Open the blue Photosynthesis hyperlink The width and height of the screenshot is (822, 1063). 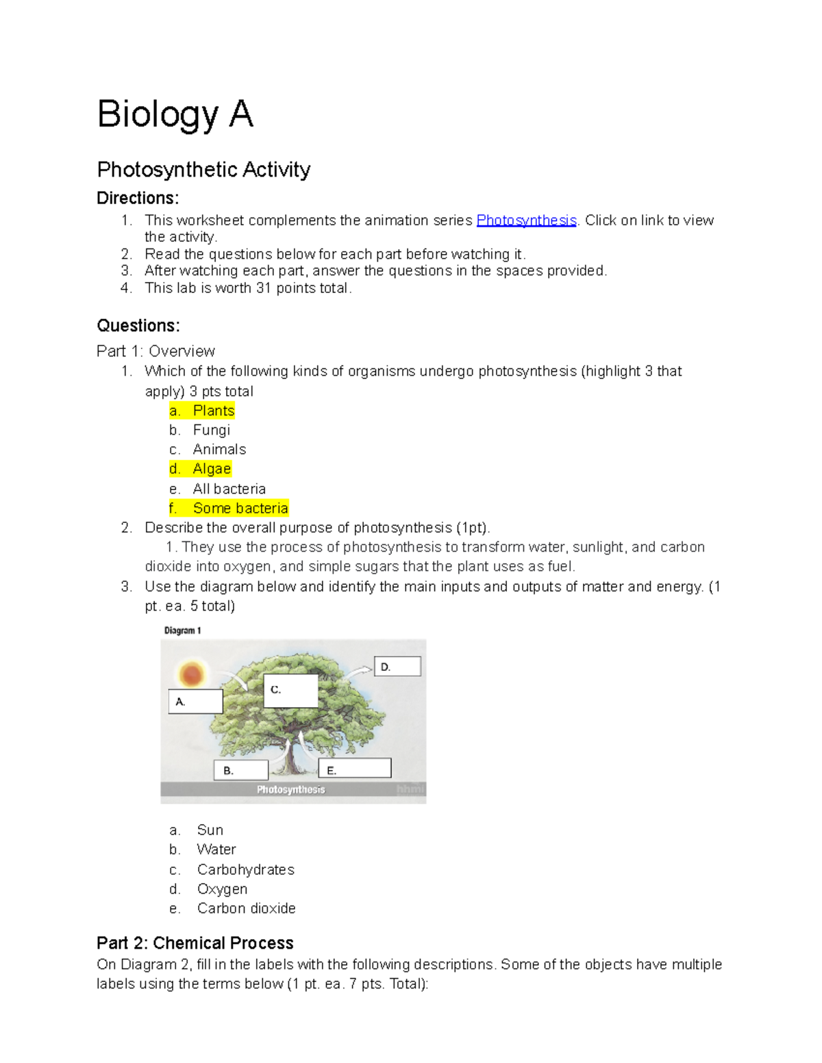tap(526, 220)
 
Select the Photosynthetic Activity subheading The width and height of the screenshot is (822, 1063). tap(203, 169)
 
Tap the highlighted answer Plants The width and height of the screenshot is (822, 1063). tap(213, 411)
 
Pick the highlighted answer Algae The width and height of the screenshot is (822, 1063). tap(211, 469)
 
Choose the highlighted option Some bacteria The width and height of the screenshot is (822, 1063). tap(240, 508)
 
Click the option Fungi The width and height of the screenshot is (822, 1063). tap(211, 430)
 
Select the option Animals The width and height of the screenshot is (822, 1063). tap(219, 450)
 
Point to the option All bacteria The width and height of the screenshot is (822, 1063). tap(229, 489)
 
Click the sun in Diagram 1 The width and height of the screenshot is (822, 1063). tap(191, 674)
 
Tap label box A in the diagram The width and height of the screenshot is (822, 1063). tap(195, 702)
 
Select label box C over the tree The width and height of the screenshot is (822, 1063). tap(290, 690)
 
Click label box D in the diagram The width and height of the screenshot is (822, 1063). tap(397, 667)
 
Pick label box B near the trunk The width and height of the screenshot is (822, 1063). tap(240, 770)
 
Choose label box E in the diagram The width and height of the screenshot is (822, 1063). tap(355, 769)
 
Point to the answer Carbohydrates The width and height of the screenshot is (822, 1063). tap(245, 869)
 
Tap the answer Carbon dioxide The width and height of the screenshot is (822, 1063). tap(246, 908)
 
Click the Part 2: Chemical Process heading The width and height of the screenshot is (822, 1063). tap(195, 943)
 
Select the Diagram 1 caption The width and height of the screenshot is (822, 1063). tap(182, 630)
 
